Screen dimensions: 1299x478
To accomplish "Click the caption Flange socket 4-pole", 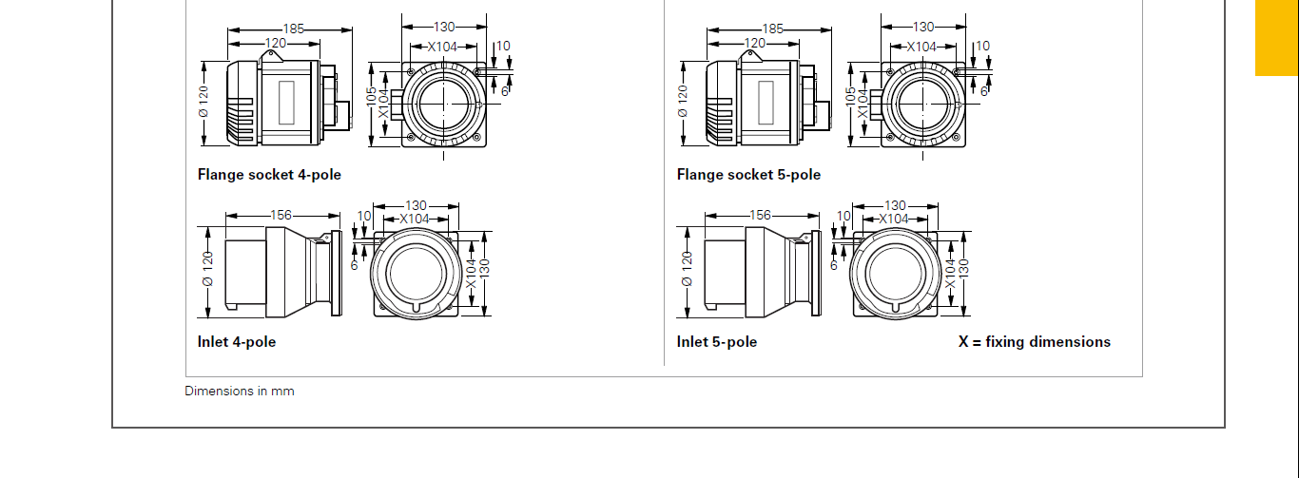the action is coord(269,175).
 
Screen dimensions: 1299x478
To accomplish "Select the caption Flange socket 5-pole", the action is coord(748,175).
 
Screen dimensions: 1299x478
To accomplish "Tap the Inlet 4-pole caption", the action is coord(237,342).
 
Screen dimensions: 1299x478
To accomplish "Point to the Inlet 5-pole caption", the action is coord(717,342).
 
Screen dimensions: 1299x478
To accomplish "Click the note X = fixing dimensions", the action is coord(1035,342).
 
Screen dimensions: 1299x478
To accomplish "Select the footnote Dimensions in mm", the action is coord(240,392).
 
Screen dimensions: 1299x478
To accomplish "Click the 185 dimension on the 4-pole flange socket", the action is coord(293,29).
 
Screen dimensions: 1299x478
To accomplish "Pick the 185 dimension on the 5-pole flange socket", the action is coord(772,29).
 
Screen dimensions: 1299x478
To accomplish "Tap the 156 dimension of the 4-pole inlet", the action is coord(281,216).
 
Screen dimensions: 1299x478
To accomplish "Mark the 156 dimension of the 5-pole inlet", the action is coord(760,216).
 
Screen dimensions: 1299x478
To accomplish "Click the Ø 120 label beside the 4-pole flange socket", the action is coord(203,102).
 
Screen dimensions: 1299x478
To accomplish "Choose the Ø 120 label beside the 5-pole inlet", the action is coord(688,269).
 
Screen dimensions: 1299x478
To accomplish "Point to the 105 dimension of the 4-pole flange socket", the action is coord(371,96).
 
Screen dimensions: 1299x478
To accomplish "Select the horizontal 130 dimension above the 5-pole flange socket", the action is coord(923,27).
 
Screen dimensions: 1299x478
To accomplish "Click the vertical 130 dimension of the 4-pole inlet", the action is coord(485,268).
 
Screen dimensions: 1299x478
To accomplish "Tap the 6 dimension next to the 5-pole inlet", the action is coord(834,265).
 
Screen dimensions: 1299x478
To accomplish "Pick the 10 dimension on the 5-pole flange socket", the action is coord(983,46).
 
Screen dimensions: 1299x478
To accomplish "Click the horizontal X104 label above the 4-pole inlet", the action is coord(415,219).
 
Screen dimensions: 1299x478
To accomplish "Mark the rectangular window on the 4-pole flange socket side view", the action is coord(286,103).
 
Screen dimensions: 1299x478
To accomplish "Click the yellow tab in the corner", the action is coord(1277,38).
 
